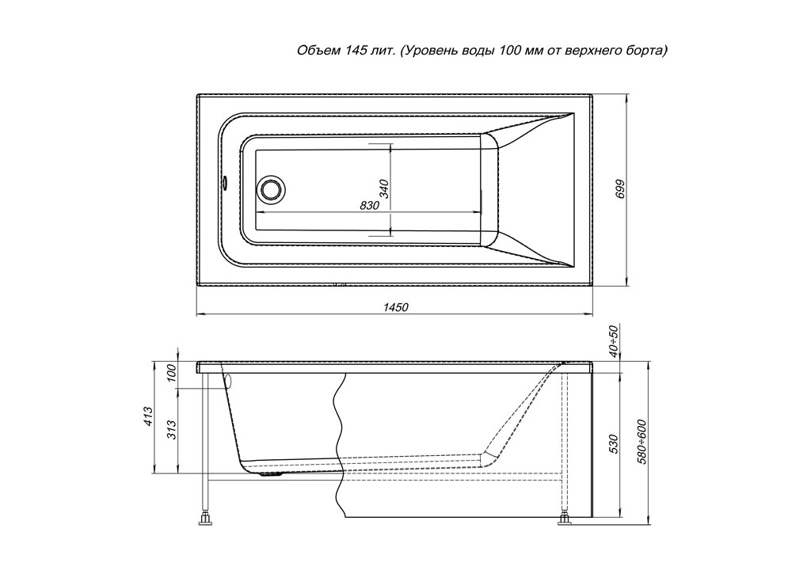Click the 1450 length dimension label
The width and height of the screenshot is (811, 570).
[x=396, y=307]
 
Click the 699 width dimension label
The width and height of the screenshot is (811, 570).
[x=621, y=188]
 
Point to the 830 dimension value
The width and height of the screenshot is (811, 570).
[x=370, y=205]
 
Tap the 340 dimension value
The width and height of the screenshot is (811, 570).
[x=384, y=188]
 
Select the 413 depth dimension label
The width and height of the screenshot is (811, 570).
[x=148, y=416]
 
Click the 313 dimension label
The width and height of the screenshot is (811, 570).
[x=172, y=431]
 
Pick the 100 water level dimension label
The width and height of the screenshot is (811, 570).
[x=172, y=374]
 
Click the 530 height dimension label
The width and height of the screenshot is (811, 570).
[x=614, y=444]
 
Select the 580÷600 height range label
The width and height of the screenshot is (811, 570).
[x=643, y=441]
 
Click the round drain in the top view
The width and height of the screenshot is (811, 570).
[x=271, y=188]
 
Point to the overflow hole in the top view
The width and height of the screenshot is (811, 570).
[x=226, y=183]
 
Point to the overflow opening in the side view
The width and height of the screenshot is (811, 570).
[x=228, y=381]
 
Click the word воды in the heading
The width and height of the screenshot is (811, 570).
[x=478, y=51]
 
